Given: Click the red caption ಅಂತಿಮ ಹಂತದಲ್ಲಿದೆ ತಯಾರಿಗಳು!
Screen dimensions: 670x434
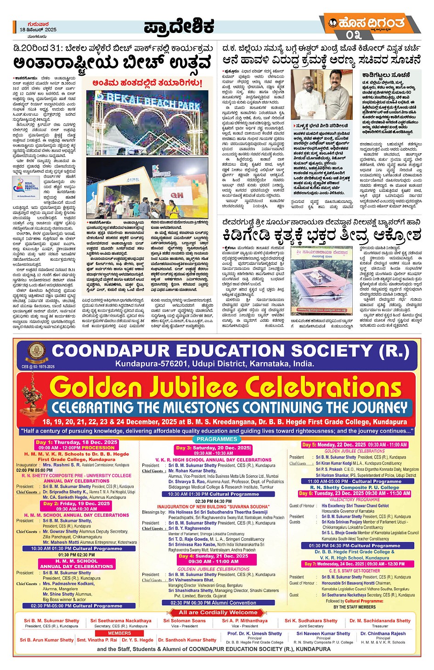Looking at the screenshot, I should coord(147,83).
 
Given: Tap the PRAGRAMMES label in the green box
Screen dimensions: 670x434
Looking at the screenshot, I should coord(217,439).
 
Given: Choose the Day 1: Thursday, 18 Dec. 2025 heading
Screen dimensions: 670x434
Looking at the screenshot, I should coord(76,442).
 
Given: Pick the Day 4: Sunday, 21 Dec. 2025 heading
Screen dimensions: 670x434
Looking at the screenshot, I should coord(214,556).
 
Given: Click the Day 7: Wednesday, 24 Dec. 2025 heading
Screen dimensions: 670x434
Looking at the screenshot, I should coord(354,564).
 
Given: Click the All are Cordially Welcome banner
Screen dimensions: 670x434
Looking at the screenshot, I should coord(218,612).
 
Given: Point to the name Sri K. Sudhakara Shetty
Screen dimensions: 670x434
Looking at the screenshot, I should coord(310,621).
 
